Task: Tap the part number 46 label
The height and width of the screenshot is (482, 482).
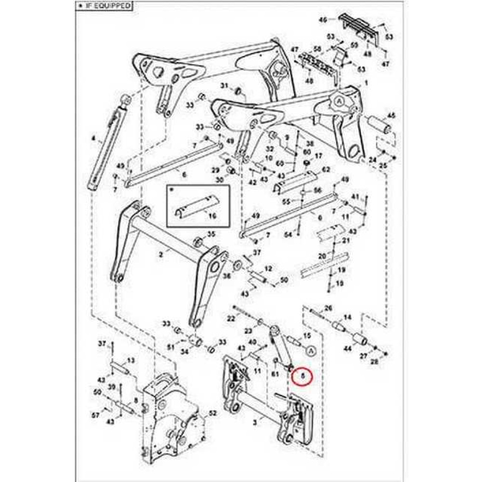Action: point(323,20)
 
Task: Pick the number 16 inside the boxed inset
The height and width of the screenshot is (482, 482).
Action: point(212,216)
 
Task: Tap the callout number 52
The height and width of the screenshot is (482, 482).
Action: point(213,414)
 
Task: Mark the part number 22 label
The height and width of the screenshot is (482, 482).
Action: point(231,318)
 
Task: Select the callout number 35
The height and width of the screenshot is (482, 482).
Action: point(211,234)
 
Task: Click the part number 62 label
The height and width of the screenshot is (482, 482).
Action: point(326,169)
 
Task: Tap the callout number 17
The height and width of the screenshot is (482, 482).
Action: point(318,157)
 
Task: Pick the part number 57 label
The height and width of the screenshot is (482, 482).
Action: point(95,415)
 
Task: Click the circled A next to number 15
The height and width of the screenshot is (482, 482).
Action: point(310,350)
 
